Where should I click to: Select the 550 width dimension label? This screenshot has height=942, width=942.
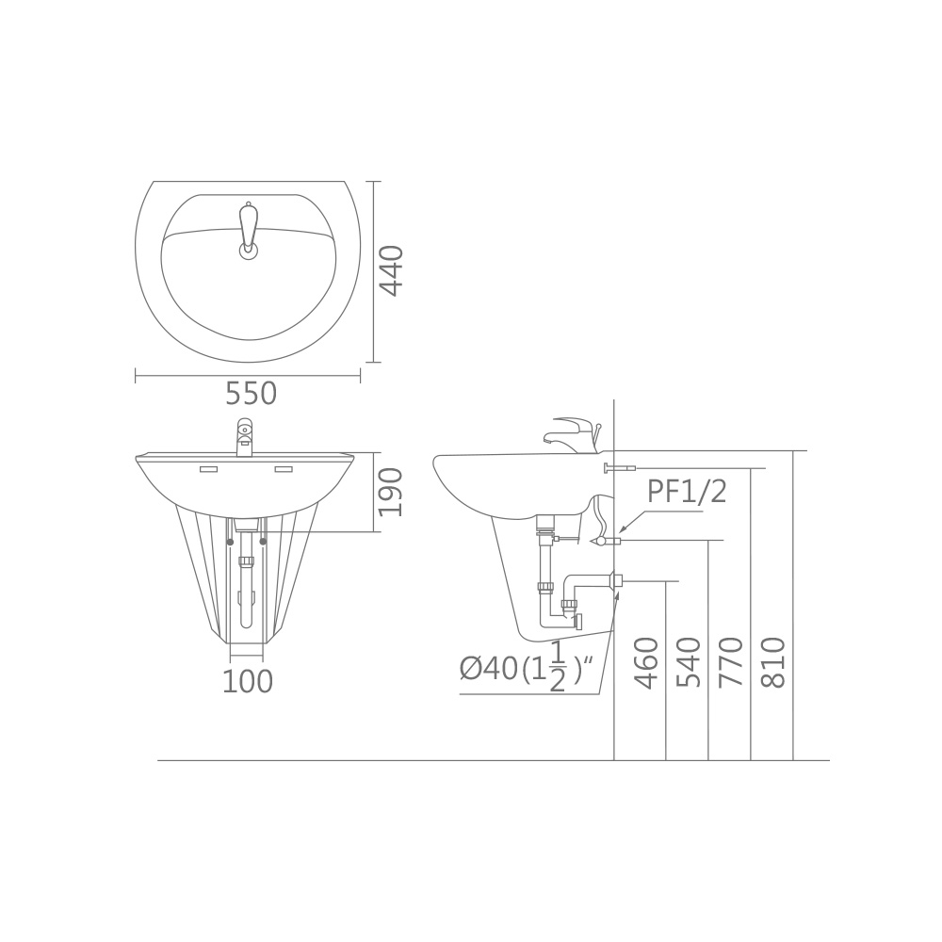252,394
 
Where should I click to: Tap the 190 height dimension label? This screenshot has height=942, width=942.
391,493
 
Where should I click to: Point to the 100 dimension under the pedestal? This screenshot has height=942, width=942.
248,681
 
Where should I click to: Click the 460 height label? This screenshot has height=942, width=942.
646,662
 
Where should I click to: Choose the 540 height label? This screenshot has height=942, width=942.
689,662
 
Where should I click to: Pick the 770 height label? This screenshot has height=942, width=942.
731,662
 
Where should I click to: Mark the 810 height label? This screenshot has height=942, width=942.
773,662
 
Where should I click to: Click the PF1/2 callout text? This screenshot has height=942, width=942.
687,492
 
